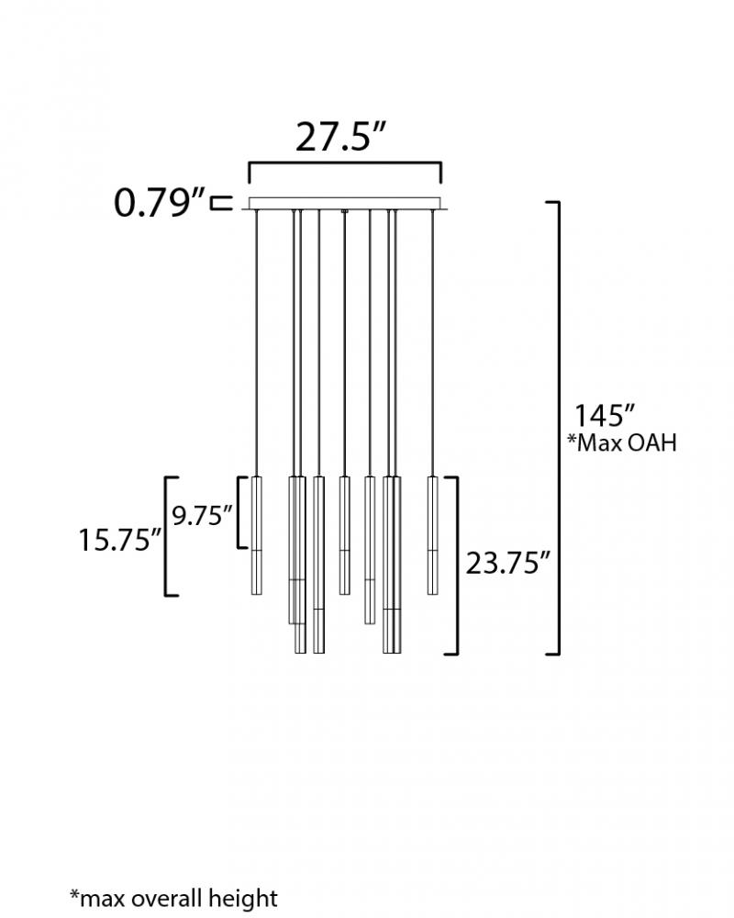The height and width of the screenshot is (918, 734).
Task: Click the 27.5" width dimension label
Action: (341, 137)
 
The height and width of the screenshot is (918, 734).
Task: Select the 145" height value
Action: (604, 416)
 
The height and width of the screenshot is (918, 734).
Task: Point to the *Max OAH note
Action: (622, 443)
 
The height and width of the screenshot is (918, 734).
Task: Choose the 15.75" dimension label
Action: (120, 540)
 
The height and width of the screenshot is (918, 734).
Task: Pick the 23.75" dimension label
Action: (508, 564)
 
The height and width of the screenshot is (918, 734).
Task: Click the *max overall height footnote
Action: (173, 898)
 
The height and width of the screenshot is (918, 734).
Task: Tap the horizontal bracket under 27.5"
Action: (345, 163)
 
